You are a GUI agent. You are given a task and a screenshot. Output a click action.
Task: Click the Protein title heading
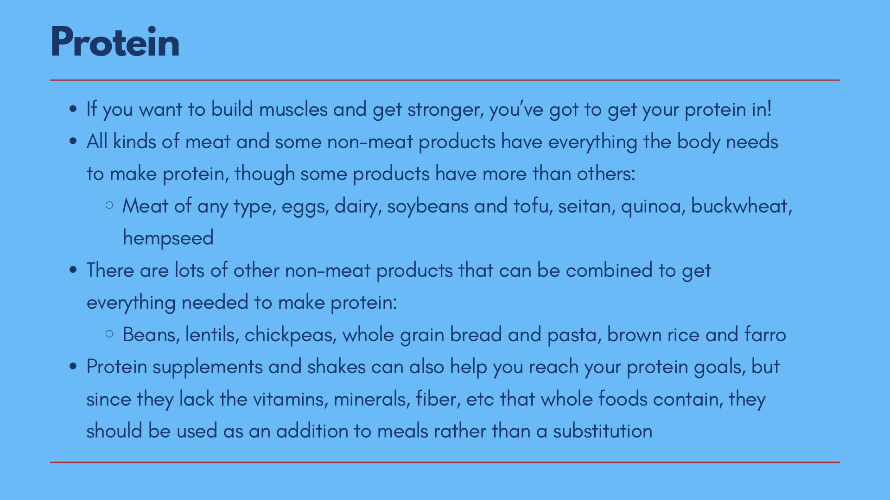coord(115,42)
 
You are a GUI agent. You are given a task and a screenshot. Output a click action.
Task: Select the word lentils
coord(212,335)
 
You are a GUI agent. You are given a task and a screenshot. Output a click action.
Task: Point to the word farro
coord(765,335)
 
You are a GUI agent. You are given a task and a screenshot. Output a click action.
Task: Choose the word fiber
coord(438,399)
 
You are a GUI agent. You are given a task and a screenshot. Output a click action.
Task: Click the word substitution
coord(603,431)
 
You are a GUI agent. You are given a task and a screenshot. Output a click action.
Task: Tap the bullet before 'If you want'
coord(72,110)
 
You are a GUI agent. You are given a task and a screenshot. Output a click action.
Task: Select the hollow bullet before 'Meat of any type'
coord(109,205)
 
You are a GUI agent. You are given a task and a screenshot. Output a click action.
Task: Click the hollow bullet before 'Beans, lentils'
coord(109,334)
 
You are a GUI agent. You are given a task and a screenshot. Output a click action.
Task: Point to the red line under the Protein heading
coord(445,80)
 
